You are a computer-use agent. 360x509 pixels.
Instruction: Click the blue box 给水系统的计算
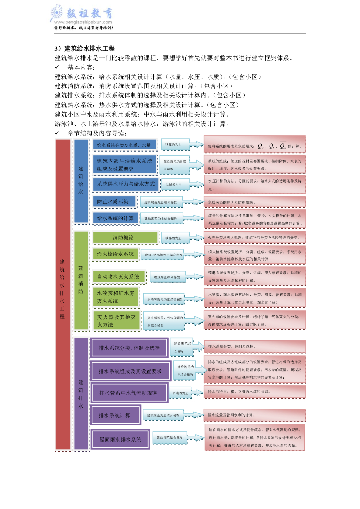coord(115,218)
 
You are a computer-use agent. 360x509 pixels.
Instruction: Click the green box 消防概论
coord(123,238)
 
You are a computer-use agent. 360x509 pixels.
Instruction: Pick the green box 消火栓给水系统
coord(115,254)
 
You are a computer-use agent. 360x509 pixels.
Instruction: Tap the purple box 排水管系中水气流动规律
coord(127,393)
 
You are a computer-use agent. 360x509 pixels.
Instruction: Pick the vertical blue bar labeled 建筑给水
coord(81,180)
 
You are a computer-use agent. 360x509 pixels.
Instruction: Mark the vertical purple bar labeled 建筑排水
coord(81,394)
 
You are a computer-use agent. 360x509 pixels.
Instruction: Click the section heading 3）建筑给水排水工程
coord(85,48)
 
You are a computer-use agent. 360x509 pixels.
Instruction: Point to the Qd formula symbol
coord(261,146)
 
